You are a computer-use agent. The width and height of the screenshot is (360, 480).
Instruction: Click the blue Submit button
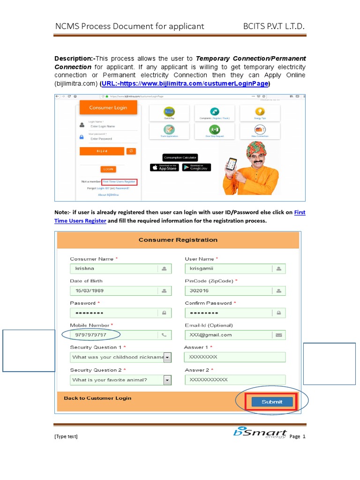(x=272, y=402)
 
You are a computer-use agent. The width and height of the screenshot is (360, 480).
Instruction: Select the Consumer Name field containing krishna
(x=115, y=269)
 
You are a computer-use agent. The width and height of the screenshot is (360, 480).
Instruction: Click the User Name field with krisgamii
(x=230, y=269)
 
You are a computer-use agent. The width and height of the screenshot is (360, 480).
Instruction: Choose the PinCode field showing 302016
(x=230, y=291)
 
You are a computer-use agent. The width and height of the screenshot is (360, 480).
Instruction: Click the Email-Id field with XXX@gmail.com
(x=230, y=335)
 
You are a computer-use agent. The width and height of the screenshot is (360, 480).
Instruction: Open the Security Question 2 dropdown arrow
(x=167, y=380)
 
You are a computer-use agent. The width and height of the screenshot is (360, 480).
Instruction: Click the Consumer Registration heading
(x=178, y=240)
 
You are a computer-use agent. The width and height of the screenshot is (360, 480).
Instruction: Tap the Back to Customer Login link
(x=97, y=398)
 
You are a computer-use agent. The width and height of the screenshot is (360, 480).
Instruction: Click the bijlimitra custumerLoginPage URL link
(x=185, y=84)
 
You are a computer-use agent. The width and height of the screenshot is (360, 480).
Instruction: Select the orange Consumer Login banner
(x=108, y=107)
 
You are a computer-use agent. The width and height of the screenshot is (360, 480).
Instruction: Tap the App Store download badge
(x=164, y=167)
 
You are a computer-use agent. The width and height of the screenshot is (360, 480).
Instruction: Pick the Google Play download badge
(x=196, y=167)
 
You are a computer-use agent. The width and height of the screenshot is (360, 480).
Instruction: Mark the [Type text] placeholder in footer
(x=66, y=436)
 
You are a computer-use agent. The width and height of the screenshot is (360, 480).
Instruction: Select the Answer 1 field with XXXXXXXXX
(x=234, y=357)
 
